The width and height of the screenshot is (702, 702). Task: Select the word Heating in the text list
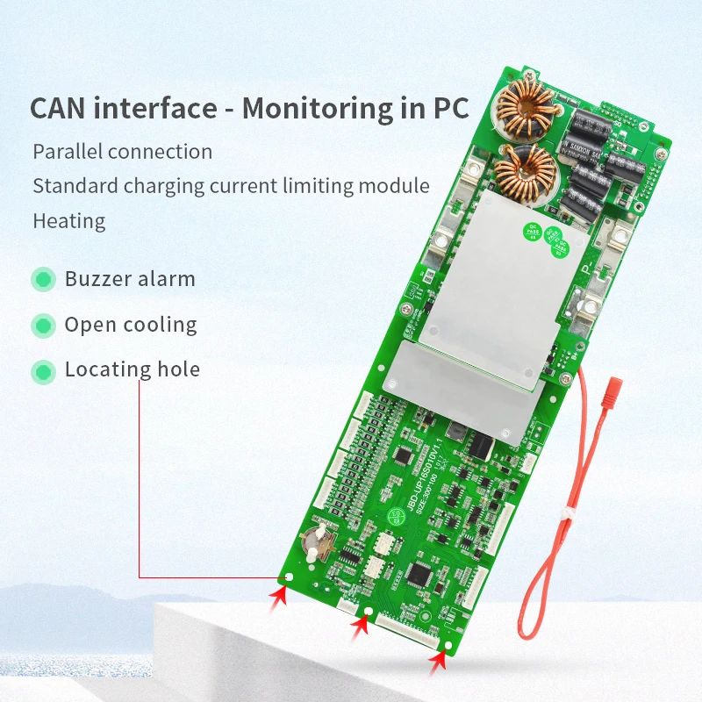(x=68, y=220)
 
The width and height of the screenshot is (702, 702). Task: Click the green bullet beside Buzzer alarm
(x=42, y=280)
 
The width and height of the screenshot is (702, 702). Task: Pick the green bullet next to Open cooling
(x=42, y=326)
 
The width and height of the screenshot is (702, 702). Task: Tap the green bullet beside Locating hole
(x=42, y=371)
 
